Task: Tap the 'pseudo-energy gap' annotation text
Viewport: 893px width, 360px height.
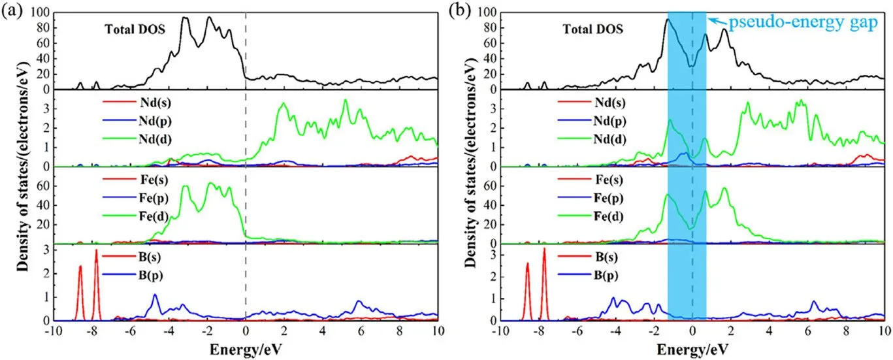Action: coord(803,22)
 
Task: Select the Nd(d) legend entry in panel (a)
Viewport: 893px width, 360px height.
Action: coord(137,139)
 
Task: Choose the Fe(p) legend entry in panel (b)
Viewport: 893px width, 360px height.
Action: coord(591,198)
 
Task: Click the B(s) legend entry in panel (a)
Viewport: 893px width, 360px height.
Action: coord(132,257)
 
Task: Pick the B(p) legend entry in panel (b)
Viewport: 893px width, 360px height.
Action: coord(588,275)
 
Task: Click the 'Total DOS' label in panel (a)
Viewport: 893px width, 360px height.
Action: coord(135,29)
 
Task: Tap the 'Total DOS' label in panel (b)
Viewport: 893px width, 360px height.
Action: coord(593,29)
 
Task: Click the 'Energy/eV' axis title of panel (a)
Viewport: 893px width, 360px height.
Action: coord(246,350)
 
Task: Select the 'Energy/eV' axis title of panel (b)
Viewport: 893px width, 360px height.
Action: coord(692,350)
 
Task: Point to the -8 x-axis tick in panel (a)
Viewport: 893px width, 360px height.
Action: coord(91,331)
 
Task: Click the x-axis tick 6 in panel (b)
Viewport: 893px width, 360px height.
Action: coord(807,331)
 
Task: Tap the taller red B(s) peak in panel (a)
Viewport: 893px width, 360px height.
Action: coord(96,250)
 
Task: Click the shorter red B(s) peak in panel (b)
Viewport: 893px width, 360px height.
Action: coord(527,263)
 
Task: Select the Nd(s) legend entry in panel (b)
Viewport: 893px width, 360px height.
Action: coord(592,103)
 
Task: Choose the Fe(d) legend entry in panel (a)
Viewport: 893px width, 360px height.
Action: coord(136,216)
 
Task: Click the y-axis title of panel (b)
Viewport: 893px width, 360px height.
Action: coord(470,163)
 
